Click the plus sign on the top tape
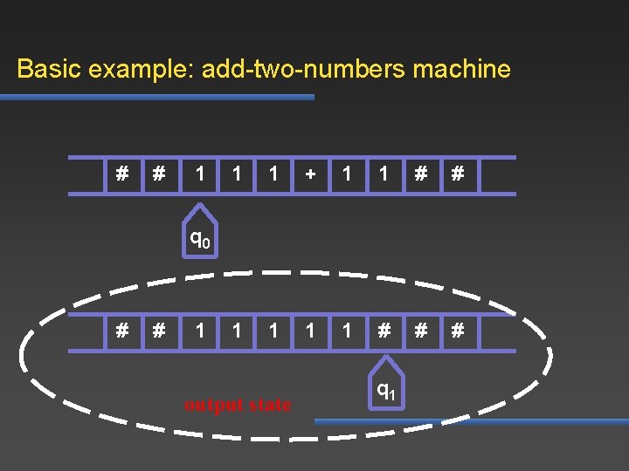tap(310, 174)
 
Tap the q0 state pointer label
tap(200, 237)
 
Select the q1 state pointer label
tap(385, 392)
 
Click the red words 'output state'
tap(238, 405)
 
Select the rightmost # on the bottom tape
tap(456, 331)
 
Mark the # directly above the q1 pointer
tap(384, 331)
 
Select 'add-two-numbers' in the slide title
tap(302, 70)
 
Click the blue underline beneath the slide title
tap(157, 98)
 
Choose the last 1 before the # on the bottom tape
tap(348, 331)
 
